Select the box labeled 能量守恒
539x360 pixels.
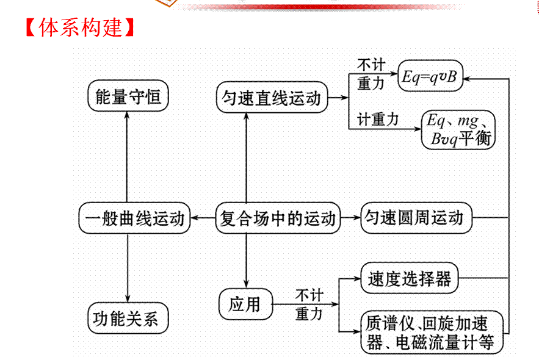pos(128,96)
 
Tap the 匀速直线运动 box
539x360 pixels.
pos(272,98)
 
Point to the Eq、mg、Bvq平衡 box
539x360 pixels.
pos(458,129)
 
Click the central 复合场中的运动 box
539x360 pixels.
pos(278,218)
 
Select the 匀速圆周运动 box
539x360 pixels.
pos(416,218)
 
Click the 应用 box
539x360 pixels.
pos(244,303)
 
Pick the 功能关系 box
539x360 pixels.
pos(127,319)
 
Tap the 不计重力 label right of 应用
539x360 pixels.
pos(309,304)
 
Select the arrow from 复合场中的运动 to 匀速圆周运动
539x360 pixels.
pos(350,218)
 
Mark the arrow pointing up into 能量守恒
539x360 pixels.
pos(128,122)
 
